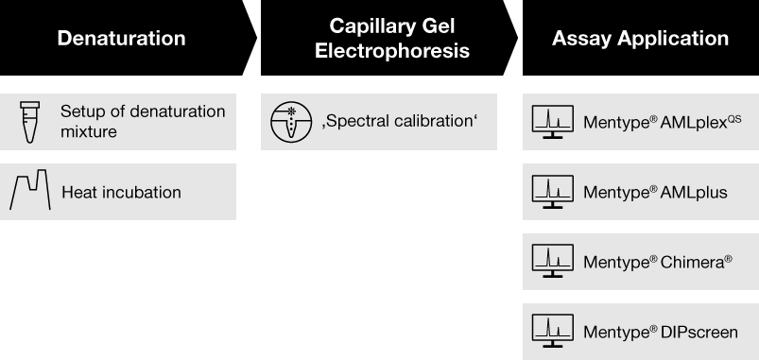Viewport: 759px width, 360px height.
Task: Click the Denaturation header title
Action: (122, 38)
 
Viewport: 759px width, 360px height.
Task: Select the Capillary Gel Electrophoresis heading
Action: (392, 38)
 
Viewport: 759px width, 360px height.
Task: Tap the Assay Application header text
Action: (641, 38)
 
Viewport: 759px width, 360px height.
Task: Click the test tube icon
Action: (29, 122)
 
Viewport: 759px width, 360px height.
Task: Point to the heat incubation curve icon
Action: (30, 190)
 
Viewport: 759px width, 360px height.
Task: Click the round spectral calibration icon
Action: (291, 122)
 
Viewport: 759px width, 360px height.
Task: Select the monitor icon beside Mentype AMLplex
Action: (553, 122)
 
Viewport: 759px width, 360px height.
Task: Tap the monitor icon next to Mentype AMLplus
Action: (553, 192)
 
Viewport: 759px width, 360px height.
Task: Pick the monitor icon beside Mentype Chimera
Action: (553, 262)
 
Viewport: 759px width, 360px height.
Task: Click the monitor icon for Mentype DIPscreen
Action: (553, 331)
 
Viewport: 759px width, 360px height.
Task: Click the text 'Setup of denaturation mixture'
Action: (143, 122)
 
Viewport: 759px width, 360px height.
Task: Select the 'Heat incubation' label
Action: (122, 192)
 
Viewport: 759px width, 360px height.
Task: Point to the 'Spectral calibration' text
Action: (400, 122)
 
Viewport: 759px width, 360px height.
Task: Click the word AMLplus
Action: (694, 193)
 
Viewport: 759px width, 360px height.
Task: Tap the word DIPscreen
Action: (699, 333)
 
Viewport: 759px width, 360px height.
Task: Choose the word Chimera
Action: (692, 263)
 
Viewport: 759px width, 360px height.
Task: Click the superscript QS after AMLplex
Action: (733, 118)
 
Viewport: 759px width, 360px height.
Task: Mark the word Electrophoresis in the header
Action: (392, 51)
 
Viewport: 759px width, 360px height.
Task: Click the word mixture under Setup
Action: (89, 131)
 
